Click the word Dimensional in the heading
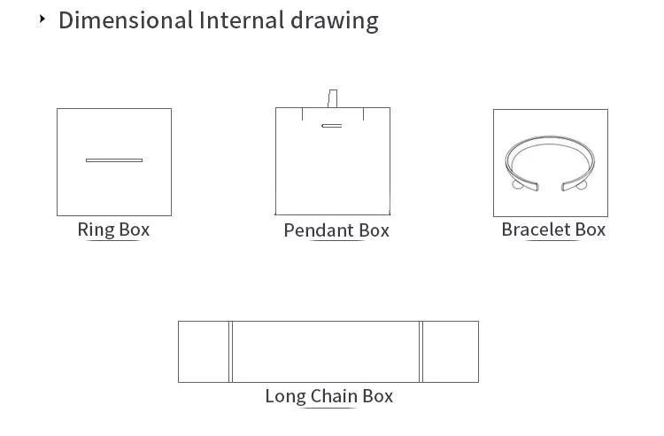126,19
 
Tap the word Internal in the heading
242,19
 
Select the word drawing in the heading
335,21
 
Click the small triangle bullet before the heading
42,19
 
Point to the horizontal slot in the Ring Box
114,160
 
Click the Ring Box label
113,230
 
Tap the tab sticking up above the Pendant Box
333,98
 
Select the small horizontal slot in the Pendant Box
332,126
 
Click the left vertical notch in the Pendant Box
302,114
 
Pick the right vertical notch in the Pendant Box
363,114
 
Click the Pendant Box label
336,230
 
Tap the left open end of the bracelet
529,185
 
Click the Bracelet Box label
553,230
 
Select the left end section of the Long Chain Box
204,352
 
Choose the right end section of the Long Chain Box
451,352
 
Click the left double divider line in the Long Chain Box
231,352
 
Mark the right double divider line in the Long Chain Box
421,352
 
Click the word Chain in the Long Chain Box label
334,396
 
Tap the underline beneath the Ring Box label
113,241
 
